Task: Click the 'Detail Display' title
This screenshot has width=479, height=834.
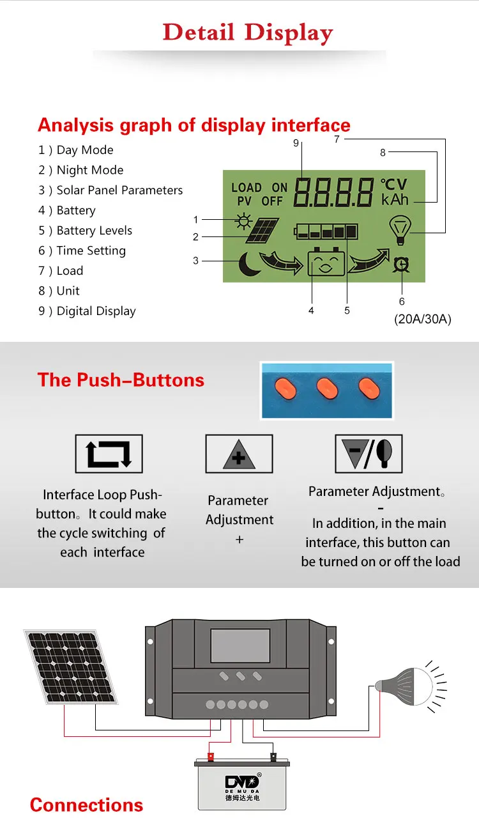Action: [x=248, y=33]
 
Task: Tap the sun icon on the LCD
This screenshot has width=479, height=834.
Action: [x=243, y=221]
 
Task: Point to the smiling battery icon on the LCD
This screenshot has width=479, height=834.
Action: [x=326, y=263]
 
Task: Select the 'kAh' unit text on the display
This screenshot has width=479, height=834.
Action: [x=395, y=200]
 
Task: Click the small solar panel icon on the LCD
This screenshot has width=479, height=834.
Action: [x=262, y=231]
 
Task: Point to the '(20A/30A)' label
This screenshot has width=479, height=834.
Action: [x=422, y=320]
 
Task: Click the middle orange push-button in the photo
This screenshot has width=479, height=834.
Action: [x=328, y=387]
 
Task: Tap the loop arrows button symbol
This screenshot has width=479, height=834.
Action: [x=109, y=454]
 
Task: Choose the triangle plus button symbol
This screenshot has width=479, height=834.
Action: [x=239, y=454]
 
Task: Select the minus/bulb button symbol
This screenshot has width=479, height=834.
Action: [x=369, y=454]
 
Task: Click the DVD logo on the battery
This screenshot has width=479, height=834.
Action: [x=242, y=782]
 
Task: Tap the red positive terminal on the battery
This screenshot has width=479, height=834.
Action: [x=210, y=757]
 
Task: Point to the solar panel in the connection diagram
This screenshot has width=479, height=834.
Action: [x=70, y=667]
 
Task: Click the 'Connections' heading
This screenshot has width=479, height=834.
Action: [x=86, y=805]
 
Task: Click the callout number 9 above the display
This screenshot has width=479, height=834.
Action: [x=296, y=144]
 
